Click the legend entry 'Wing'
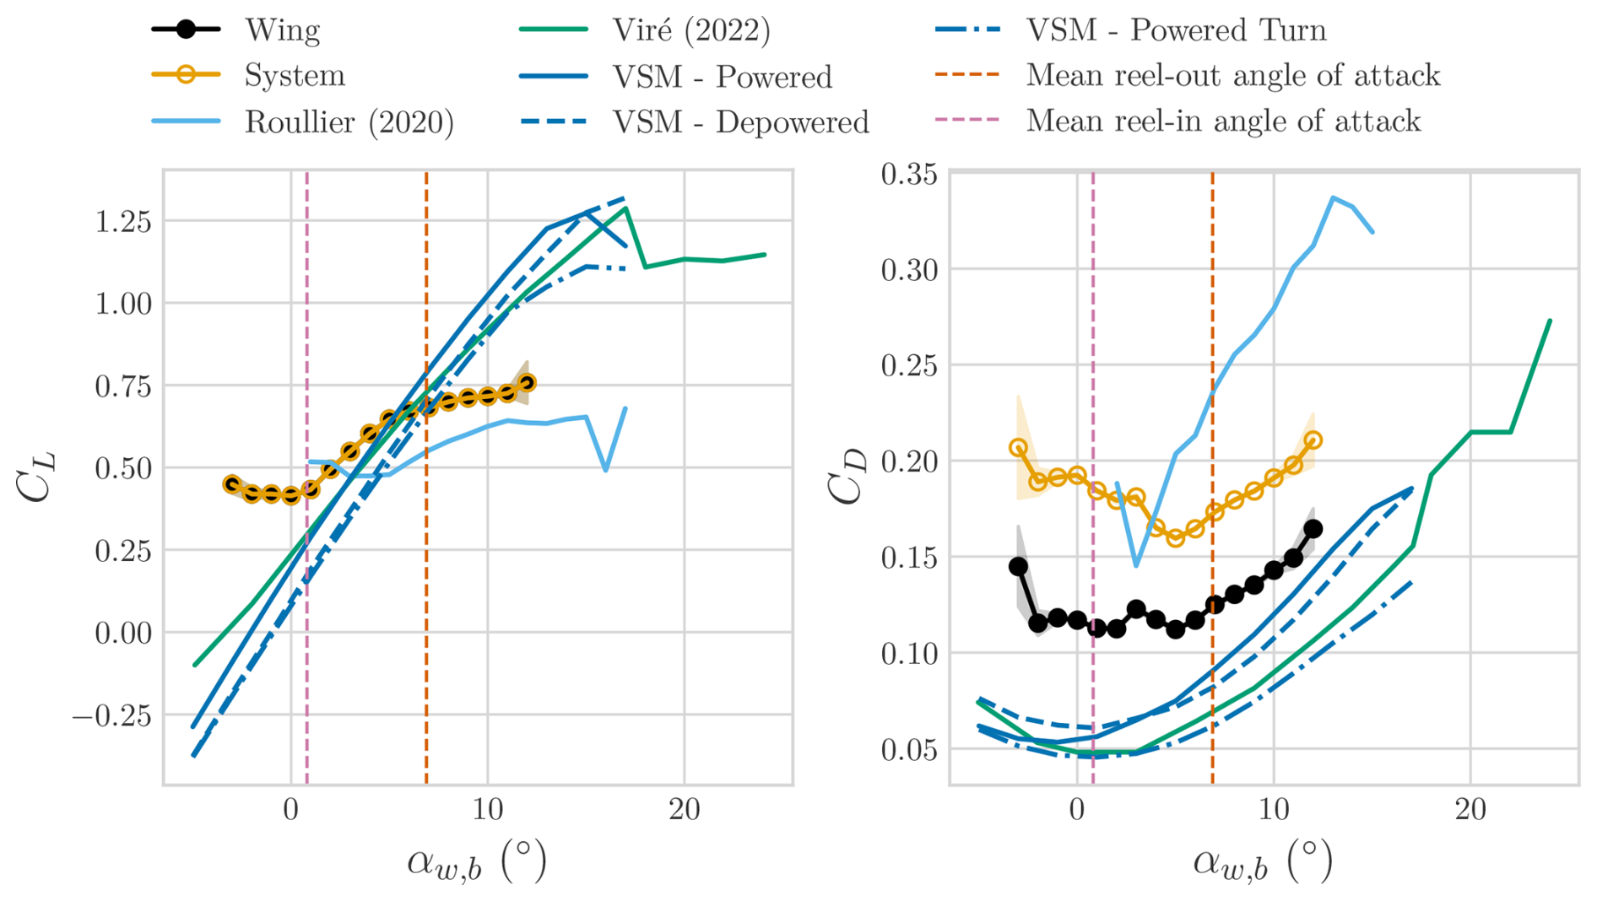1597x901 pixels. tap(282, 30)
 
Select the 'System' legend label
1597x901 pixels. tap(295, 76)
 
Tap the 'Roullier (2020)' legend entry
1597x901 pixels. tap(349, 122)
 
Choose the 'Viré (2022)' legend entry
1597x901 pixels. tap(691, 30)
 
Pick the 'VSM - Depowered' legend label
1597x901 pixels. tap(740, 122)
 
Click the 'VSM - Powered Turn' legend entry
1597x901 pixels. tap(1176, 30)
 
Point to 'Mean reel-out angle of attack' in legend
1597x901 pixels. tap(1232, 76)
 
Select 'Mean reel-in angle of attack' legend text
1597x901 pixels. tap(1223, 121)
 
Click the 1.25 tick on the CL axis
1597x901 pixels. tap(122, 221)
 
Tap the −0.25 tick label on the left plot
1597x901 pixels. tap(112, 715)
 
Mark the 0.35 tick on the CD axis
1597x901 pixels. tap(909, 175)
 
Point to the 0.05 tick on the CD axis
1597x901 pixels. tap(909, 749)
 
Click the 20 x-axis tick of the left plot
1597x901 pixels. tap(685, 811)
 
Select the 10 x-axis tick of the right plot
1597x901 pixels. tap(1274, 811)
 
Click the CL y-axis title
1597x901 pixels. tap(37, 477)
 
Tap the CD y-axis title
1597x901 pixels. tap(847, 477)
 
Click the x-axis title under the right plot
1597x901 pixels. tap(1263, 863)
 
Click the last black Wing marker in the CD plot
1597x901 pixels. tap(1313, 529)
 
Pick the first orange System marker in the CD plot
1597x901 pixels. tap(1019, 448)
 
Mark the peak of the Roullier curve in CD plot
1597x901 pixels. tap(1333, 197)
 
